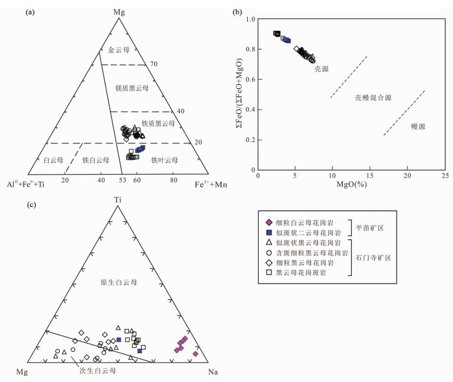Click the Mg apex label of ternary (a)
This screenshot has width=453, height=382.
point(119,11)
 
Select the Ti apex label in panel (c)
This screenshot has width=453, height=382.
point(118,199)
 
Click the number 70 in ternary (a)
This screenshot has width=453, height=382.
point(153,64)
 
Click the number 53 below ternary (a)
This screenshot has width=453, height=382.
point(121,180)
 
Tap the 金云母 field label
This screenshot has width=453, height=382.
point(119,51)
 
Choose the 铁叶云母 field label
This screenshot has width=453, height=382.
point(165,160)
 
